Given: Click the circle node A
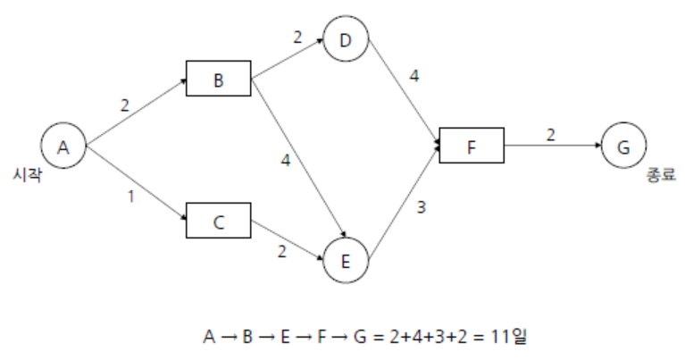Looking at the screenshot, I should pyautogui.click(x=63, y=147).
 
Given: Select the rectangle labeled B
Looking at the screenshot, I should pyautogui.click(x=219, y=79).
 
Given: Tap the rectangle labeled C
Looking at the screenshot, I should pyautogui.click(x=219, y=221).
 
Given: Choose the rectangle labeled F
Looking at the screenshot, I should pyautogui.click(x=472, y=145).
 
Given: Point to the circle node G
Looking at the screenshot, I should pyautogui.click(x=623, y=145).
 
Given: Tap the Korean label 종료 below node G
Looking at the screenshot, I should pyautogui.click(x=662, y=176).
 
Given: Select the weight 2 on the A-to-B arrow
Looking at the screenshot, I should pyautogui.click(x=125, y=105).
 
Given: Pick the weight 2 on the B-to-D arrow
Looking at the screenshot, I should pyautogui.click(x=297, y=39).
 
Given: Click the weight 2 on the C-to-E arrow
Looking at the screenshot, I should pyautogui.click(x=281, y=252).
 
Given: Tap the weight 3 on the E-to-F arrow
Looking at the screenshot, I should pyautogui.click(x=420, y=209).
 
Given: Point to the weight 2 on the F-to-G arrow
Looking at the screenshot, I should pyautogui.click(x=550, y=134).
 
